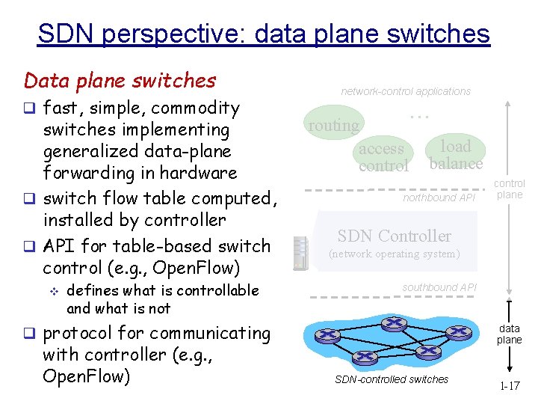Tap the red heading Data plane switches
120,80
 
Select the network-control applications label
406,91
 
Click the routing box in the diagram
333,126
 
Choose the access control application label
383,157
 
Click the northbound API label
439,198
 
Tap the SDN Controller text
394,236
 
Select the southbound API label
438,287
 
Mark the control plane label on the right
510,189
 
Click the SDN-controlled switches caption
392,379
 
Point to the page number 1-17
510,386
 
